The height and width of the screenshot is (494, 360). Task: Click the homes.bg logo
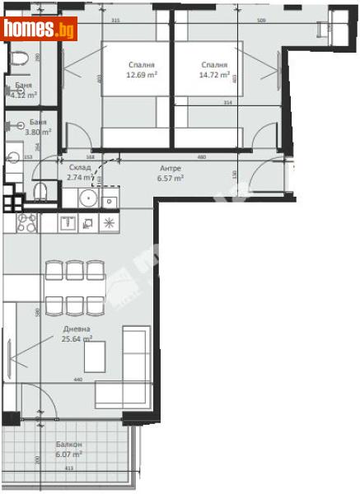pos(40,30)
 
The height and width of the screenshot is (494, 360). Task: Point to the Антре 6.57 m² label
pos(171,172)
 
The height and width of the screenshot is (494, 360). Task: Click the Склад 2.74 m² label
pos(80,172)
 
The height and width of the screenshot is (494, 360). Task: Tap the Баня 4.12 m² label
pos(24,90)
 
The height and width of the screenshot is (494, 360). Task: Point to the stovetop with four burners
pos(16,222)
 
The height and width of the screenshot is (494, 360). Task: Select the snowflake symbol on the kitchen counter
pos(109,222)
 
